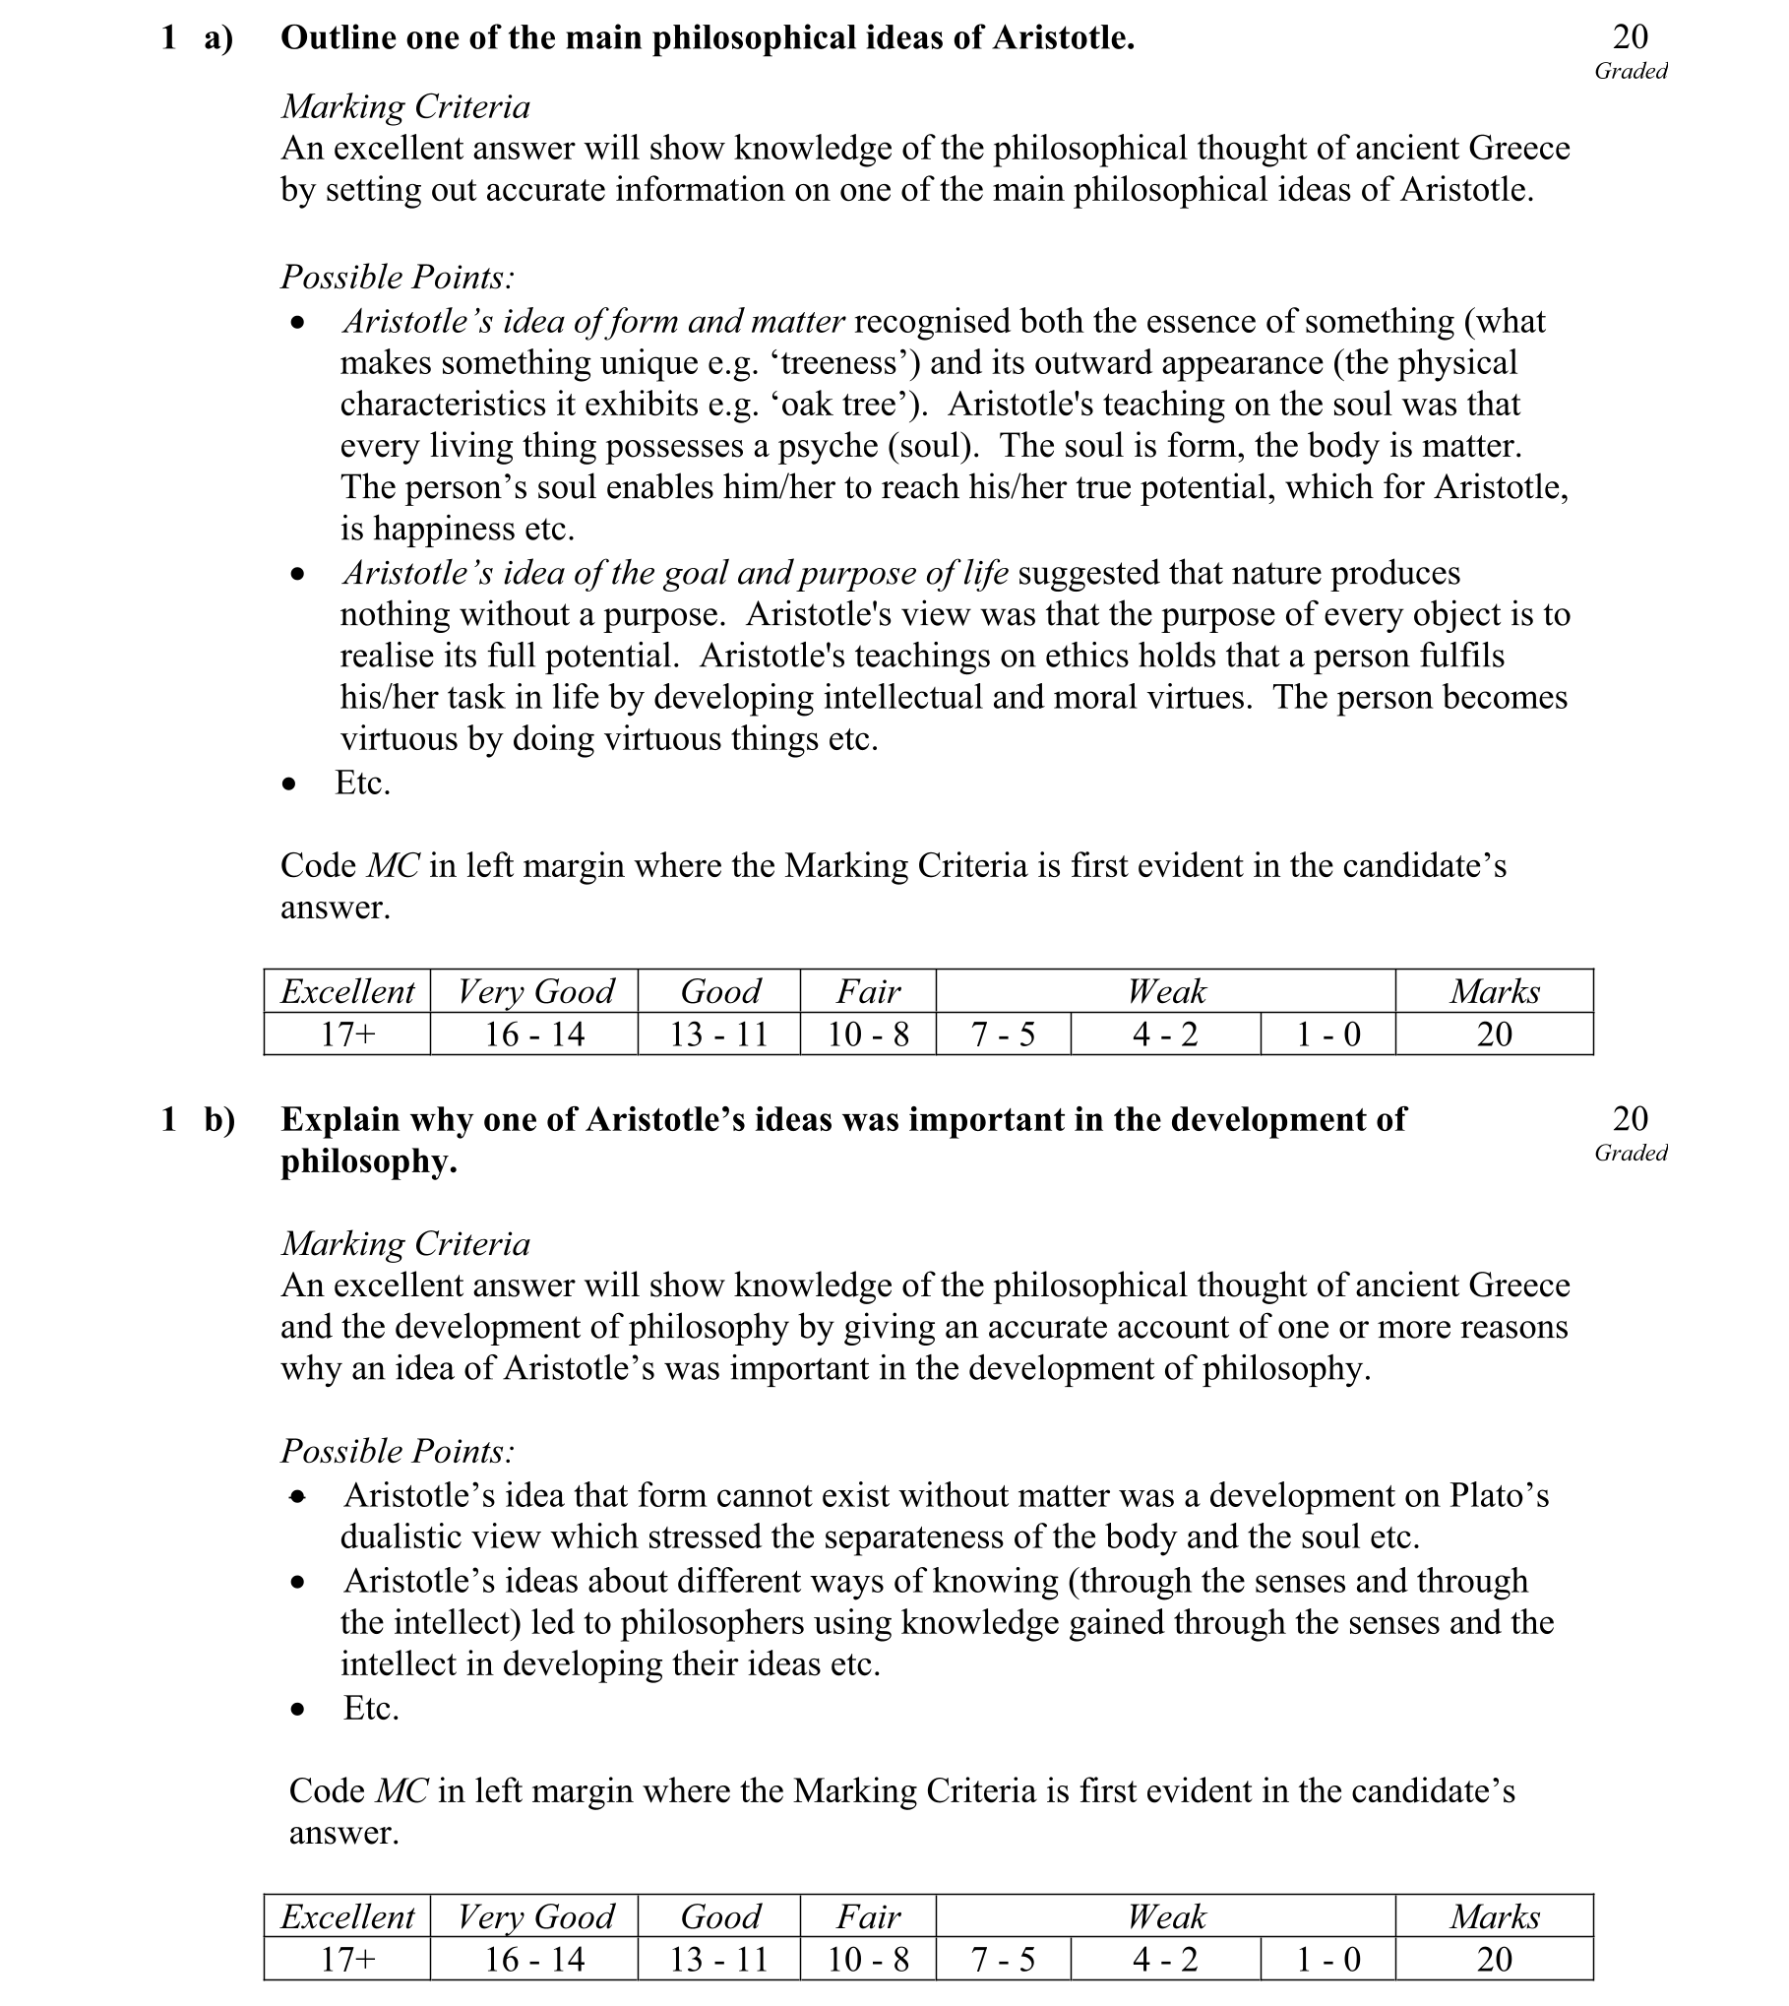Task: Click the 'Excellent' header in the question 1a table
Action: tap(347, 991)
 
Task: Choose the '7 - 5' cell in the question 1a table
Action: tap(1003, 1034)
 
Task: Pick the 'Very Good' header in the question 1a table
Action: tap(535, 991)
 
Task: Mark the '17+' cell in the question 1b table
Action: tap(347, 1960)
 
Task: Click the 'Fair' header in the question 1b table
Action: tap(868, 1916)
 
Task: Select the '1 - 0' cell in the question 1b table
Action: tap(1327, 1960)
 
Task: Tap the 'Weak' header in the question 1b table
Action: tap(1166, 1916)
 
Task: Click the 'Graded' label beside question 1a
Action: tap(1631, 71)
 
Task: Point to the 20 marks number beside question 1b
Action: tap(1630, 1118)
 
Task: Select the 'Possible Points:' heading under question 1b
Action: tap(398, 1451)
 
